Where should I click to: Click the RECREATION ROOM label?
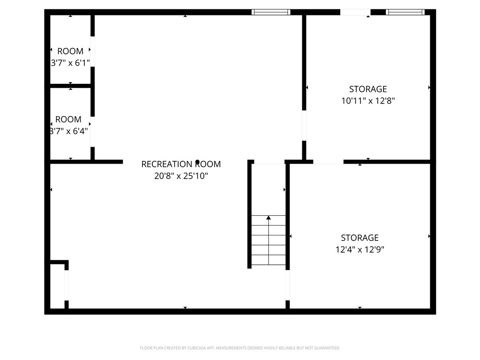181,164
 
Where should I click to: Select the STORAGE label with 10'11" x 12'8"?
368,89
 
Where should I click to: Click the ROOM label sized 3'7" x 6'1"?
70,51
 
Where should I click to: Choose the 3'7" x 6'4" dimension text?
69,131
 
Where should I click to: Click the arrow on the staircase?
269,217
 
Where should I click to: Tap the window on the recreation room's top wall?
271,12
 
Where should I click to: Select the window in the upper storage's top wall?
405,12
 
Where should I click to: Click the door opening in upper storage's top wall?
355,12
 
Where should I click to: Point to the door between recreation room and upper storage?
304,125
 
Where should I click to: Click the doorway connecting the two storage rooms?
328,162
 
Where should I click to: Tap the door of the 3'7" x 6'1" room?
92,52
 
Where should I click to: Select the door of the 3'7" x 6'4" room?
92,132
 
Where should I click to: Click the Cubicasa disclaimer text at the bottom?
240,348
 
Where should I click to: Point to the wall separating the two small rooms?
70,86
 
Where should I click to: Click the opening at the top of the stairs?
269,163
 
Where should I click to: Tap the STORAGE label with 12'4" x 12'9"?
360,238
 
